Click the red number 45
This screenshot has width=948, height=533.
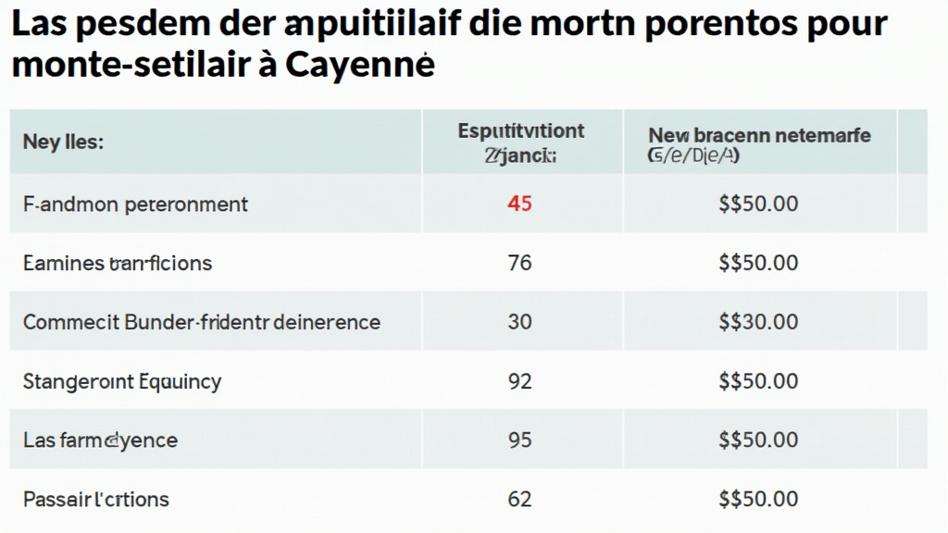tap(519, 204)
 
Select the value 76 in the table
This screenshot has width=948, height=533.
tap(519, 263)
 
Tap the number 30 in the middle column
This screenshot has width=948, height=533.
tap(519, 322)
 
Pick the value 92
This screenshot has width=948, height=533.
tap(519, 380)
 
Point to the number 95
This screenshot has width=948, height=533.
tap(519, 440)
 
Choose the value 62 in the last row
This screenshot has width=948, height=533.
tap(519, 500)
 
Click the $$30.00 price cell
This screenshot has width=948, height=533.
tap(758, 322)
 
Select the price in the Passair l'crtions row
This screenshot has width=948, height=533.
tap(758, 500)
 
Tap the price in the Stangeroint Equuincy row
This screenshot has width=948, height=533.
tap(758, 380)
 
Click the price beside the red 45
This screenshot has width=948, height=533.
tap(758, 204)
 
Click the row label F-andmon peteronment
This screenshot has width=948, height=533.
tap(135, 204)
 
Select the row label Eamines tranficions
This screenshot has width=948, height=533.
tap(118, 263)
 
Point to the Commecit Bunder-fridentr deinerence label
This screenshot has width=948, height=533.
tap(202, 322)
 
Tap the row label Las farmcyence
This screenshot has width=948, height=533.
tap(100, 440)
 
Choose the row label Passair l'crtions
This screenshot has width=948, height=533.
tap(96, 500)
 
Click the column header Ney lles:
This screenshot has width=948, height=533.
tap(63, 143)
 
